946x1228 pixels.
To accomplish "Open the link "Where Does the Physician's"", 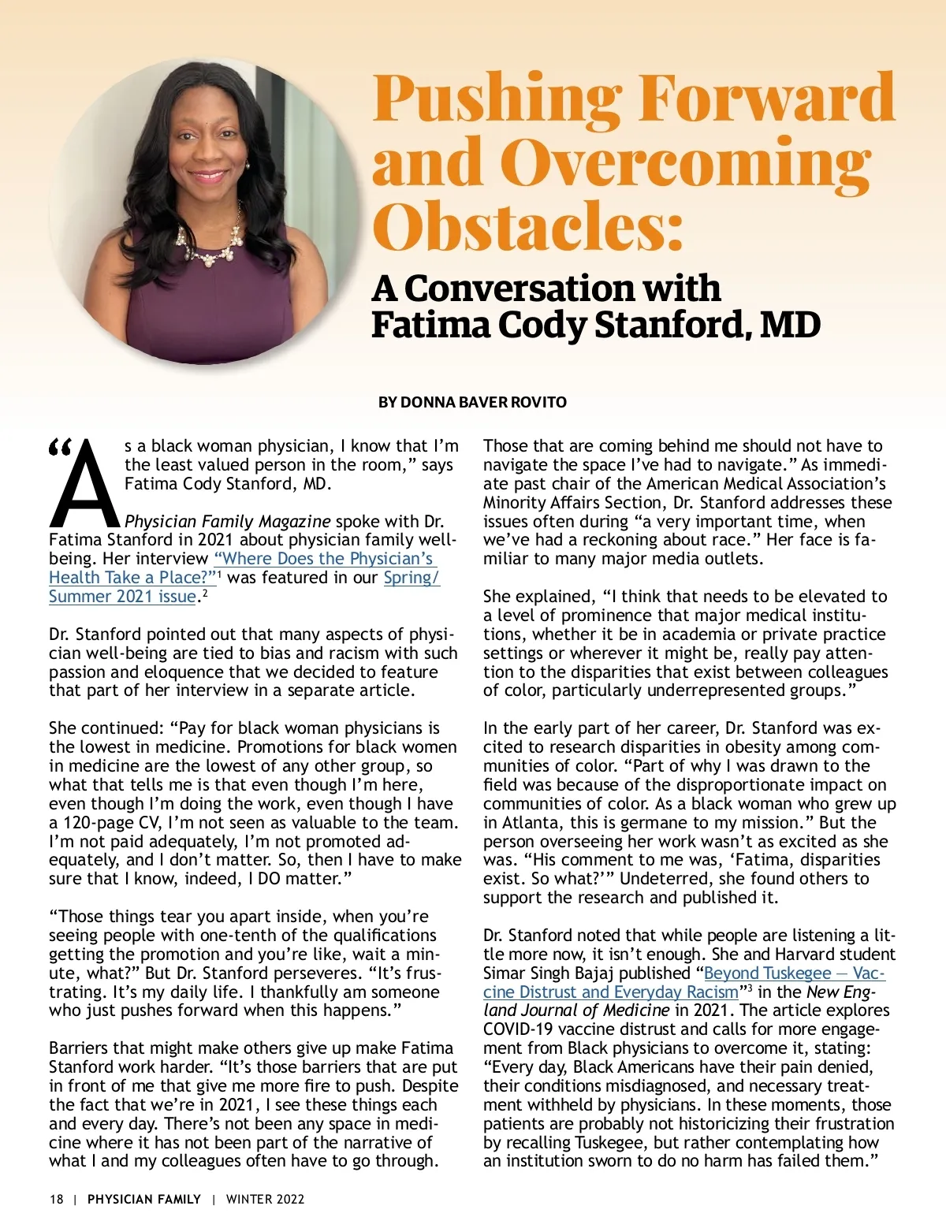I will pos(324,559).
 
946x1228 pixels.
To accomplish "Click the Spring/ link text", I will pos(412,578).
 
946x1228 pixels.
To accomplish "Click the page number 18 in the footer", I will pos(56,1199).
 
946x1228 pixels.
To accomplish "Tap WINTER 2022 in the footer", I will pos(265,1199).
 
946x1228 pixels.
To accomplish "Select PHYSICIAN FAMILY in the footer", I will pos(144,1199).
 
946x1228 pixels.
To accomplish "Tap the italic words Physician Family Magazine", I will pos(228,522).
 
